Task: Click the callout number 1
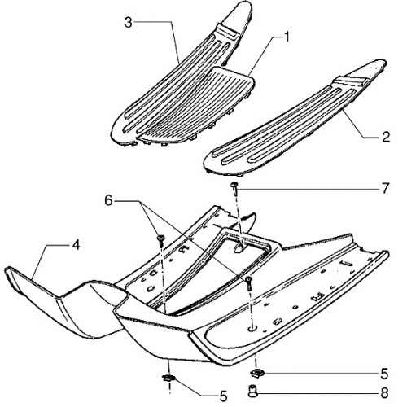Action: pyautogui.click(x=286, y=37)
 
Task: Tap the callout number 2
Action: pyautogui.click(x=386, y=137)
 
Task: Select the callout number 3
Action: pyautogui.click(x=129, y=22)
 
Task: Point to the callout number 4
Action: pyautogui.click(x=77, y=245)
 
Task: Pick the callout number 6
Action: pyautogui.click(x=108, y=201)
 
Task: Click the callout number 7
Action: pyautogui.click(x=386, y=188)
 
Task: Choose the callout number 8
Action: pyautogui.click(x=385, y=393)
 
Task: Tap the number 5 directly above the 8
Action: pyautogui.click(x=384, y=374)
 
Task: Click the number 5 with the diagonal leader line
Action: pyautogui.click(x=223, y=396)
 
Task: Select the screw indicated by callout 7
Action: pyautogui.click(x=234, y=188)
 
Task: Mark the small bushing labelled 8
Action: pyautogui.click(x=252, y=392)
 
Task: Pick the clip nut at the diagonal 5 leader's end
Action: pyautogui.click(x=168, y=378)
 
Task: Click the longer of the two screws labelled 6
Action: pyautogui.click(x=249, y=284)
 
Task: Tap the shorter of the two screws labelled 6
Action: pyautogui.click(x=161, y=240)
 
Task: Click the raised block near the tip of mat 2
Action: pyautogui.click(x=352, y=81)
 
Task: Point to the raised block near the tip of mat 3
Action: pyautogui.click(x=227, y=32)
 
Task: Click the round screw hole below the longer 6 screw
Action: pyautogui.click(x=252, y=329)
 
